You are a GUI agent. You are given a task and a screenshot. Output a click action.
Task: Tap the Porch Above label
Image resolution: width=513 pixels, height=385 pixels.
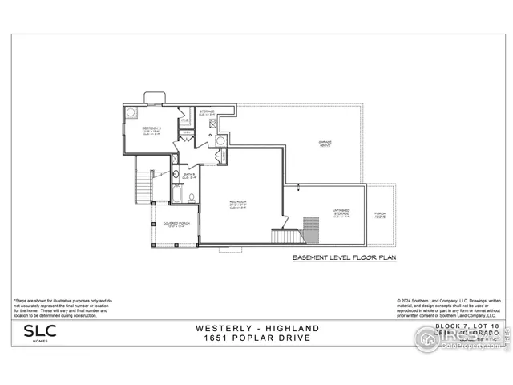pyautogui.click(x=380, y=215)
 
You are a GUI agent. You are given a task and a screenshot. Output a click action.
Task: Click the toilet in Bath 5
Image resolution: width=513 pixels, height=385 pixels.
pyautogui.click(x=192, y=197)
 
